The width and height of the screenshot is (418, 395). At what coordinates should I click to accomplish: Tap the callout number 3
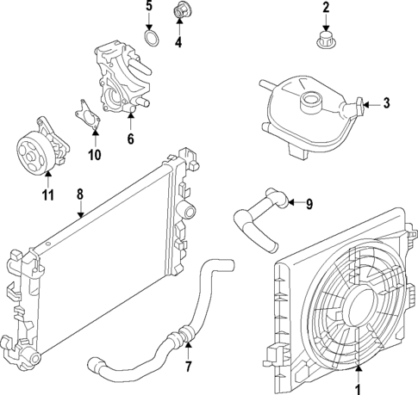[x=386, y=104]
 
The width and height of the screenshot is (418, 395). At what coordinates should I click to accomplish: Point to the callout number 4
[x=179, y=41]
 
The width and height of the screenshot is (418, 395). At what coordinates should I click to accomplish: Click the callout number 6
[x=130, y=138]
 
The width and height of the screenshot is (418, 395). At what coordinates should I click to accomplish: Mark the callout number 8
[x=79, y=194]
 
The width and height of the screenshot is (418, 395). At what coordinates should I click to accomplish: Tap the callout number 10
[x=95, y=155]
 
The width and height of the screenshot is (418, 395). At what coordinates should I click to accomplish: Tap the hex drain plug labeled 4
[x=181, y=12]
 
